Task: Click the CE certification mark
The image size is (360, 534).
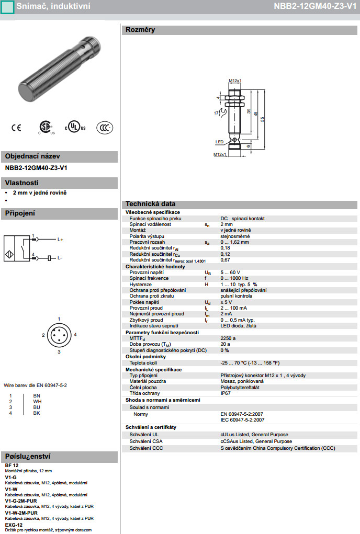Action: [x=16, y=128]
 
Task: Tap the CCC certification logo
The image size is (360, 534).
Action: [x=105, y=128]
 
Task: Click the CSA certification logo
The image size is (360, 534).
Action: [x=46, y=128]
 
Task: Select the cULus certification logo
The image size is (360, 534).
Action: [x=75, y=128]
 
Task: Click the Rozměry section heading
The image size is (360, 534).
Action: [x=140, y=30]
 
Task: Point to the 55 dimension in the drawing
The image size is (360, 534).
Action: [x=263, y=119]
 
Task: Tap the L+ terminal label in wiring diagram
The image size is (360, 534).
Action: [x=60, y=240]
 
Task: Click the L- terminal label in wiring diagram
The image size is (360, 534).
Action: [x=60, y=258]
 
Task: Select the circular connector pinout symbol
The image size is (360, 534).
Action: [x=59, y=335]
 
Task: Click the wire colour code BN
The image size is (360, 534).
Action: [x=37, y=396]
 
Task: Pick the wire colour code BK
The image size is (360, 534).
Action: [x=37, y=413]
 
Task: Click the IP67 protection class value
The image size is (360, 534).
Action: [x=226, y=393]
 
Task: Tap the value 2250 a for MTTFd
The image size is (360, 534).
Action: [x=228, y=338]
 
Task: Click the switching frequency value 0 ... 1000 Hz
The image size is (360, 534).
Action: [x=234, y=278]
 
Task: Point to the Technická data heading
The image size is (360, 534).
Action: [x=150, y=204]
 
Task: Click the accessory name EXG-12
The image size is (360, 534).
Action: [x=14, y=525]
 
